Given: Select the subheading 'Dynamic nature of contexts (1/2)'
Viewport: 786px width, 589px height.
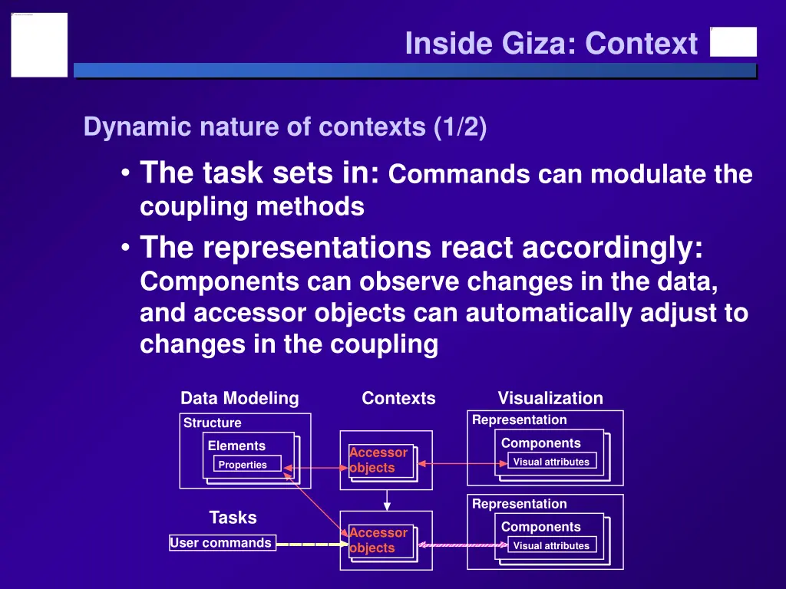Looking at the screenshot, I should (285, 127).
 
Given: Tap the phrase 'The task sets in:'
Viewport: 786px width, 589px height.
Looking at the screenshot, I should (259, 174).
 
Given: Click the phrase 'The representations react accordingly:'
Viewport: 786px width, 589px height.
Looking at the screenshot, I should (421, 248).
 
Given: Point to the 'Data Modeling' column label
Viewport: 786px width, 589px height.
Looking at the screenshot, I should (239, 398).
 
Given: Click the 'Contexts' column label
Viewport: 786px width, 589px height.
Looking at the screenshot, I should (398, 398).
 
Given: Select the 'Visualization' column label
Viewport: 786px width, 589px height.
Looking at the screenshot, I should (550, 398).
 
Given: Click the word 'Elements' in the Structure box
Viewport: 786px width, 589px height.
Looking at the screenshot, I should (236, 446).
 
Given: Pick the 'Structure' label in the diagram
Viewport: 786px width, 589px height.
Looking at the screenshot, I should (212, 423).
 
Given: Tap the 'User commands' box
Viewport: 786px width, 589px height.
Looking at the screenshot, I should (221, 543).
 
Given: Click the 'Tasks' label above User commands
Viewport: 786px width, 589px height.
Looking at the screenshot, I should (233, 518).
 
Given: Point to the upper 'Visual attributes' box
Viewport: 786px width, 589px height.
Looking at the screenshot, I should (551, 462).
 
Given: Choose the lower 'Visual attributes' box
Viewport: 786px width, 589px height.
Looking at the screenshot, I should (551, 545).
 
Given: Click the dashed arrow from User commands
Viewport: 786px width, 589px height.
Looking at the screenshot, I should (311, 545).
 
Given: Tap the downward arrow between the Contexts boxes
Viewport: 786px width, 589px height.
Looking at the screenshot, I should (387, 500).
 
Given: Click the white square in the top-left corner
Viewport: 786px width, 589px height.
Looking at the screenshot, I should (39, 44).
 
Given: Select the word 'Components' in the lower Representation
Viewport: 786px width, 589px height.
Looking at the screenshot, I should (540, 527).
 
